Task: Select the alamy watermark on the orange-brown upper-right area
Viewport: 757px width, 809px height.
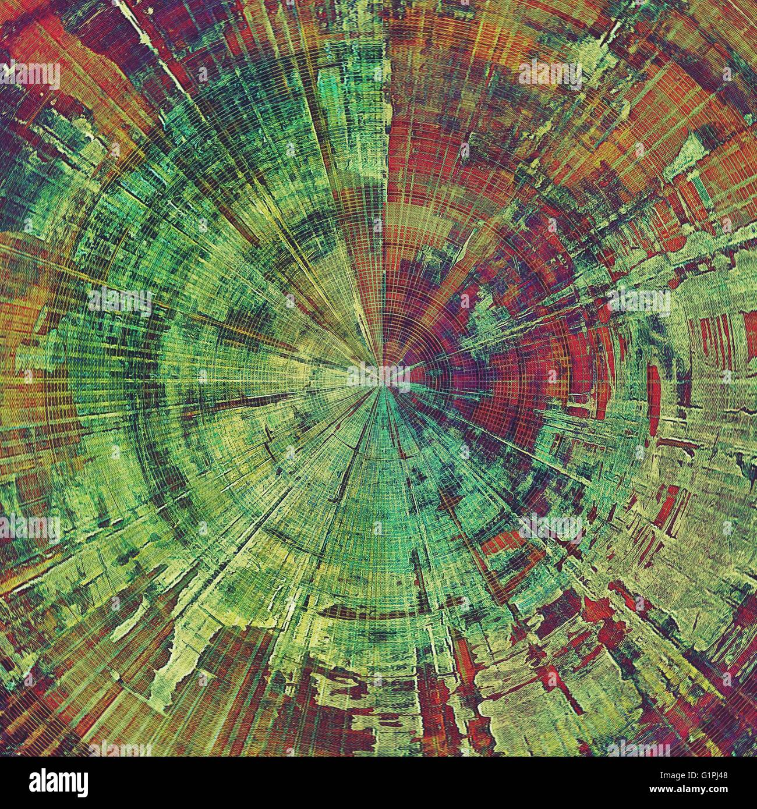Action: point(550,74)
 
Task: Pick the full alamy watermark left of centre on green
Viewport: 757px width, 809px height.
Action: point(119,301)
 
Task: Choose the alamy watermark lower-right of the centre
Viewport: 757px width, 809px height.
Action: point(550,527)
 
